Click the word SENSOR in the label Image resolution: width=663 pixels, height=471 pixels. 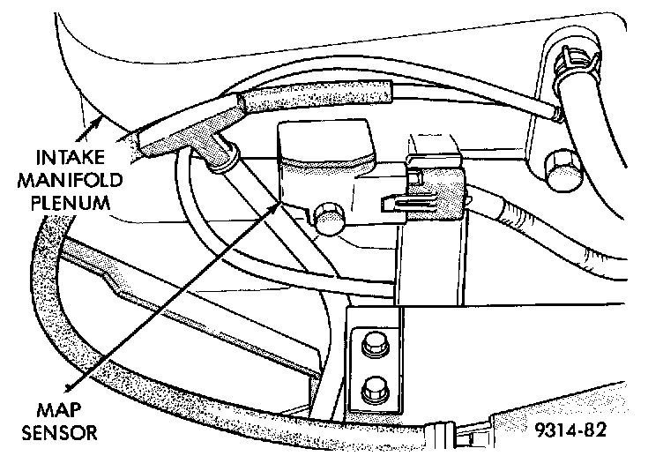(x=60, y=433)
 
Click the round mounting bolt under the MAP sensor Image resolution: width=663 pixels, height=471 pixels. (x=328, y=217)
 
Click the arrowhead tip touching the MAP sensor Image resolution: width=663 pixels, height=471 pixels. (x=279, y=203)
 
